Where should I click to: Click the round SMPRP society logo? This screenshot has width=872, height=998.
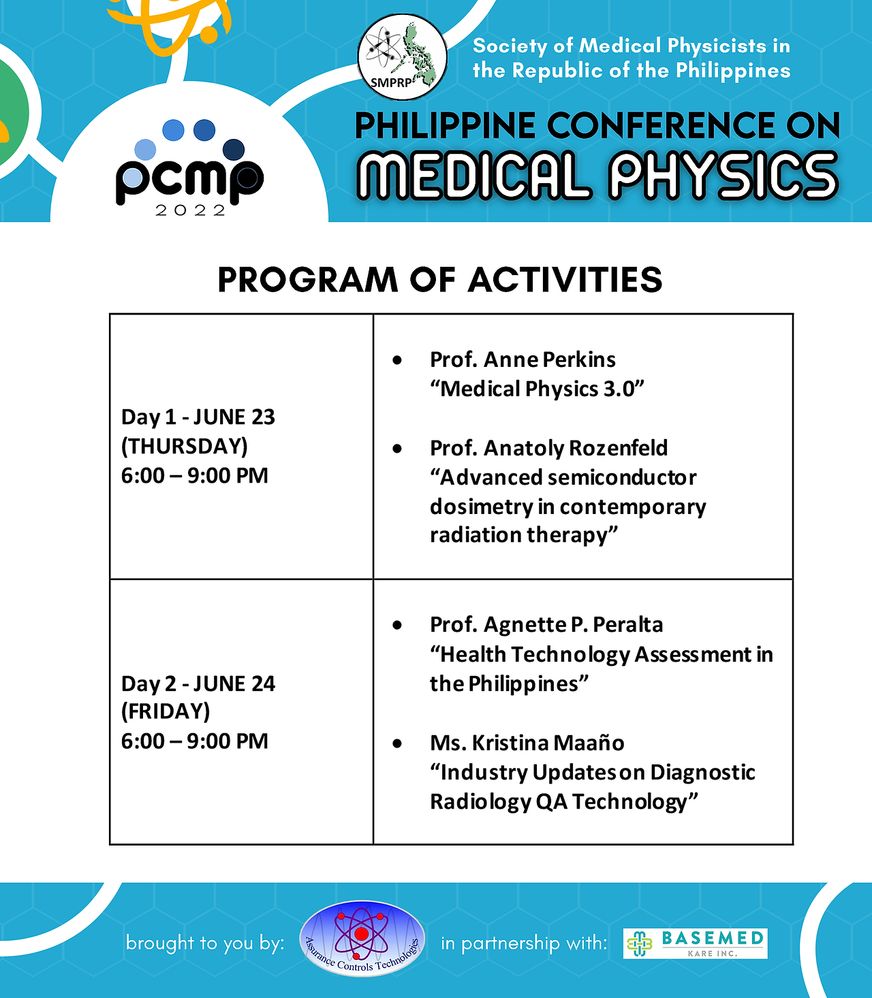(x=402, y=57)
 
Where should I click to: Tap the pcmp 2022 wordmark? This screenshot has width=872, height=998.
(x=190, y=167)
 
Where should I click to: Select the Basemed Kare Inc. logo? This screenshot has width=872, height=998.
(x=695, y=944)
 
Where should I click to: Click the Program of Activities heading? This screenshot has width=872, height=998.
(x=439, y=280)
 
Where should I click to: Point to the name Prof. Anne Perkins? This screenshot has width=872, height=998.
(x=523, y=359)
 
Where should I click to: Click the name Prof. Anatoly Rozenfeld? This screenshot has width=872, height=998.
(x=548, y=448)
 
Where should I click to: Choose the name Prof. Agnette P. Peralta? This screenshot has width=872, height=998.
(x=546, y=624)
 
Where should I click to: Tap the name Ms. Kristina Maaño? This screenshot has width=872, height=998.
(x=527, y=743)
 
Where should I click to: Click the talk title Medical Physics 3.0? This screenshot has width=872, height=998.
(x=537, y=389)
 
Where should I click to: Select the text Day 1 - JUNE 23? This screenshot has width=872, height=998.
(x=198, y=417)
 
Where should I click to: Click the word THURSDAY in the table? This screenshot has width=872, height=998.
(x=185, y=446)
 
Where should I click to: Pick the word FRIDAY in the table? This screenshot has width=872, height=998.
(x=166, y=711)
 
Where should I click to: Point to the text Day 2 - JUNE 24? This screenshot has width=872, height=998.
(x=198, y=683)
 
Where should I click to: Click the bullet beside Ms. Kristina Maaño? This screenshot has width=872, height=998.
(x=397, y=743)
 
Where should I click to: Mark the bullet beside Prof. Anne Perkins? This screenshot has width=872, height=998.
(x=397, y=361)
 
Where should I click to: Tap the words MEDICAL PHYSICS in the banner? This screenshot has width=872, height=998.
(x=597, y=176)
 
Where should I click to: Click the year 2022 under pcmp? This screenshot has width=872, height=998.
(x=190, y=210)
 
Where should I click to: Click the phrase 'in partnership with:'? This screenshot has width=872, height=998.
(x=524, y=944)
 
